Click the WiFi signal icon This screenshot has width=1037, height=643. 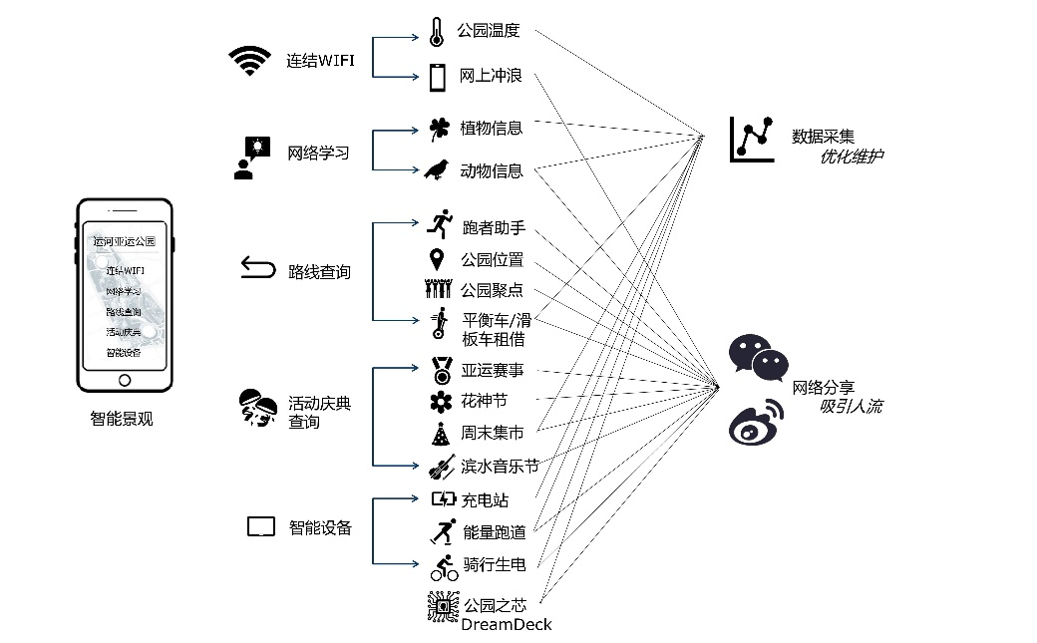249,62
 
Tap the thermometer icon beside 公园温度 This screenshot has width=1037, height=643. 436,32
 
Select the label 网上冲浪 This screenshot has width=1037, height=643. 491,76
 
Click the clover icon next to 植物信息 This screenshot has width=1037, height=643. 438,129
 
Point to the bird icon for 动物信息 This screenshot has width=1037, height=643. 437,169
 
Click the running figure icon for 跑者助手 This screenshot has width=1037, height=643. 438,224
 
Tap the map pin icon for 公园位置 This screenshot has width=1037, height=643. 436,260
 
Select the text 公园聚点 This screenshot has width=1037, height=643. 491,290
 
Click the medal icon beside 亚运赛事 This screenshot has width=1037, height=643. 441,371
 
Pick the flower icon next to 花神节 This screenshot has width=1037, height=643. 440,401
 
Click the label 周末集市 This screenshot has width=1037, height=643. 492,433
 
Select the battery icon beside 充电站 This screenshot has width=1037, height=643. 443,499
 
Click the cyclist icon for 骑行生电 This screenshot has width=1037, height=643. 444,565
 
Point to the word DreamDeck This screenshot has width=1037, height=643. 506,625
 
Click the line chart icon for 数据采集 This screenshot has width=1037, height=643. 752,138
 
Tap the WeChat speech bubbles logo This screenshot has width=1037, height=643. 753,358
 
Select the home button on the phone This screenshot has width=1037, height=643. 125,380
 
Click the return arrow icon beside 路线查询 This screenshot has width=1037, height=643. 257,268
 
